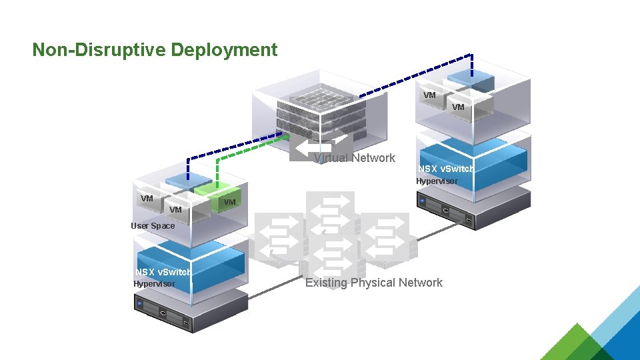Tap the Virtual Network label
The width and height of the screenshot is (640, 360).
click(355, 158)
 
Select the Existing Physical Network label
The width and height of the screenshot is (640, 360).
click(373, 283)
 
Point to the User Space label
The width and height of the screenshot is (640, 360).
click(153, 226)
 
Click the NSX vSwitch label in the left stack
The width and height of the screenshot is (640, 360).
click(163, 272)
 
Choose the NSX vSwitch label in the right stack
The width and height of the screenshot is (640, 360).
click(446, 169)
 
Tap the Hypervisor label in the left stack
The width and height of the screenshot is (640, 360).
click(154, 284)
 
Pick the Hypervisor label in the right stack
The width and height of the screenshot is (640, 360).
click(437, 181)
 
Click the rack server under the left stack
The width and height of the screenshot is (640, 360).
click(166, 313)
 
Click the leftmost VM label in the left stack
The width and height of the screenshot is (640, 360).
click(147, 198)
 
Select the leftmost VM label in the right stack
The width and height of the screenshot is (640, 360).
click(429, 95)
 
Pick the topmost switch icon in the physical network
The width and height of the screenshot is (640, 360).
click(329, 203)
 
